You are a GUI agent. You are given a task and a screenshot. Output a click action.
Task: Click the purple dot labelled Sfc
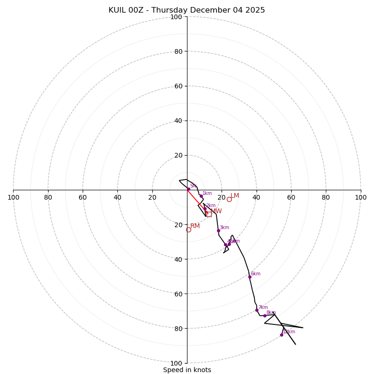tap(188, 189)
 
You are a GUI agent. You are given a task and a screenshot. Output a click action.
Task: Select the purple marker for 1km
tap(201, 196)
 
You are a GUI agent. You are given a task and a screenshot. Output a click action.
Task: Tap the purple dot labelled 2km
tap(205, 209)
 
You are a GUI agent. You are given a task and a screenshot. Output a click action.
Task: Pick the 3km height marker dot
tap(218, 230)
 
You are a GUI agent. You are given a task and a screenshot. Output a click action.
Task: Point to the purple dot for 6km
tap(250, 277)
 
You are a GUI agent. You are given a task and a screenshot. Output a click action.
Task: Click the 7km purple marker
tap(257, 310)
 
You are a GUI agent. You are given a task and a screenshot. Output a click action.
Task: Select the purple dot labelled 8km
tap(265, 316)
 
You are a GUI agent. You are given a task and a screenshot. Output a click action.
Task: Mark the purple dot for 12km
tap(281, 335)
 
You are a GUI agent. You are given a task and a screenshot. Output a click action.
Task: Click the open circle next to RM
tap(188, 230)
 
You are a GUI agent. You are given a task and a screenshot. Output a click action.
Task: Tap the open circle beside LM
tap(229, 199)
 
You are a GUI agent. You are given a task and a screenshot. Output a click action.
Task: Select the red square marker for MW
tap(209, 214)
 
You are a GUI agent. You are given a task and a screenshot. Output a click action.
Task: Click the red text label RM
tap(195, 226)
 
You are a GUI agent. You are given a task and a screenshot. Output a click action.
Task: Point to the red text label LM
tap(235, 196)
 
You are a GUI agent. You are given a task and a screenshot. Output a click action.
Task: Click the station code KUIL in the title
tap(117, 10)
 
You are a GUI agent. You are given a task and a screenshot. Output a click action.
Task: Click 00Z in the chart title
tap(138, 10)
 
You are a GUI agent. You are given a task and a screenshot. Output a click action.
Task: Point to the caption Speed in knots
tap(187, 370)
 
